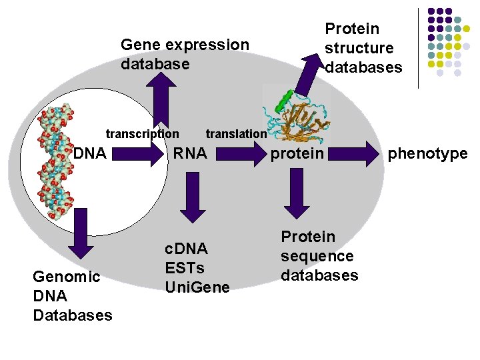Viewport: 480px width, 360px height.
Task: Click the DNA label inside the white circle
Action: click(x=90, y=154)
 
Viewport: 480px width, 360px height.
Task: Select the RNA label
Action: click(x=190, y=154)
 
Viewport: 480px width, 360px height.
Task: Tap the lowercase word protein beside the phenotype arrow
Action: click(x=297, y=154)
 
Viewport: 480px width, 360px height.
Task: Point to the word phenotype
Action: click(x=427, y=154)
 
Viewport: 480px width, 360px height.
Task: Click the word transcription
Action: click(x=142, y=133)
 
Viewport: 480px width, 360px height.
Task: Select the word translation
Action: click(x=236, y=133)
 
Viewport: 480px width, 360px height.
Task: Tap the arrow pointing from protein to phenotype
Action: click(x=353, y=154)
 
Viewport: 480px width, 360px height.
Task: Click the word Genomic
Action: click(x=66, y=277)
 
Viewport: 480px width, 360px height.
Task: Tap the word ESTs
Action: click(x=184, y=268)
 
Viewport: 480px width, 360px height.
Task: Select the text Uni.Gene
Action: click(x=197, y=287)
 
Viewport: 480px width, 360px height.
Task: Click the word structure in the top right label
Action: click(x=359, y=48)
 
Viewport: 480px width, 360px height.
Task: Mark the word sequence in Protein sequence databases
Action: click(x=317, y=256)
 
